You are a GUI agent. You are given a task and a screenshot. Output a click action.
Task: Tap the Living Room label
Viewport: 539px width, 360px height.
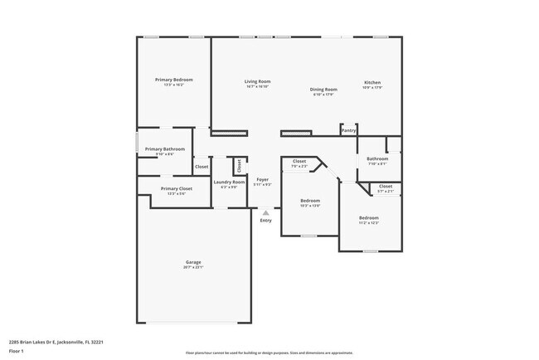click(x=257, y=81)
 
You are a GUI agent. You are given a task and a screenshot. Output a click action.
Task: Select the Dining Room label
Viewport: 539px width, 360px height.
click(x=323, y=89)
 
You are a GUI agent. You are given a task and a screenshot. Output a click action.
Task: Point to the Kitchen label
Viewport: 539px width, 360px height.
click(x=372, y=82)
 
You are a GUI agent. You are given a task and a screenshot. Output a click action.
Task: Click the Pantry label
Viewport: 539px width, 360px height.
click(x=349, y=130)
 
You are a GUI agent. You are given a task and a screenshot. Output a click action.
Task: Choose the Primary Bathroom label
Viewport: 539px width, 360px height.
click(x=165, y=149)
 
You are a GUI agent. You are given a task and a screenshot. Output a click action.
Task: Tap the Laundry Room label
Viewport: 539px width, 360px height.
click(x=229, y=182)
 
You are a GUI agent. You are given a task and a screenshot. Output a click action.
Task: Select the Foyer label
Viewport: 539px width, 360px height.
click(x=262, y=179)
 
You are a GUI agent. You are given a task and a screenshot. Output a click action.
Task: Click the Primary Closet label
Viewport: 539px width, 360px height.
click(x=176, y=188)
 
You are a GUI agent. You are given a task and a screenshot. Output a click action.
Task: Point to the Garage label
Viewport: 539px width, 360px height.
click(x=192, y=262)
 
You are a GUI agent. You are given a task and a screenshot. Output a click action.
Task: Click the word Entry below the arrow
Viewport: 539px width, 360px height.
click(x=265, y=221)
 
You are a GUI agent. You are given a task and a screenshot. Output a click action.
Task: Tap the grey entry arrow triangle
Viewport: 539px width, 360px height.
click(x=265, y=212)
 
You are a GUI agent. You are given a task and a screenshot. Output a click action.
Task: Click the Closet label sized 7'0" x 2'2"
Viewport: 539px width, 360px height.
click(x=299, y=162)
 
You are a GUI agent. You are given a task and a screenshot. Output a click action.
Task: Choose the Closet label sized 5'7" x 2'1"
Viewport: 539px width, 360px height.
click(x=386, y=187)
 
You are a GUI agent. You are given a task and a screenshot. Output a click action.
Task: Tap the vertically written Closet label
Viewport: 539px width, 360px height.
click(x=238, y=166)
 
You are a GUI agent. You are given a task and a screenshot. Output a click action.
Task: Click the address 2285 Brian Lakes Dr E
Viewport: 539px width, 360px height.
click(x=56, y=341)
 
